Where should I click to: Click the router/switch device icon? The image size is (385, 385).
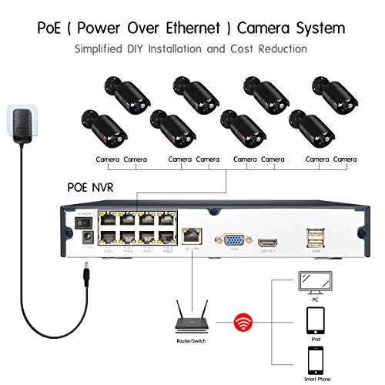click(x=189, y=314)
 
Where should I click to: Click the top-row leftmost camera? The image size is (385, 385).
click(x=121, y=93)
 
